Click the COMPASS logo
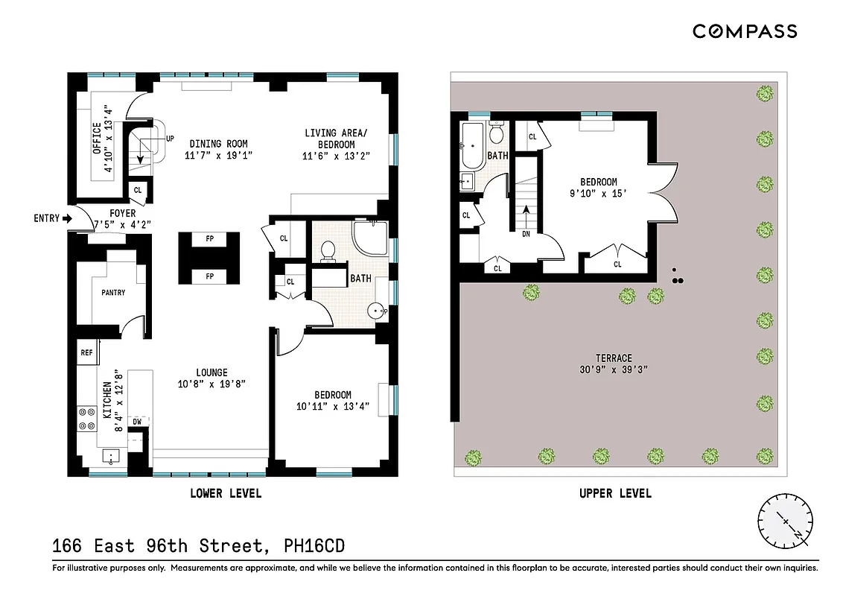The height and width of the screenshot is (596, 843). pyautogui.click(x=745, y=31)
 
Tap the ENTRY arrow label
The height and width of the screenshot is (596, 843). pyautogui.click(x=52, y=218)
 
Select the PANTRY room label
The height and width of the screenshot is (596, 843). pyautogui.click(x=113, y=293)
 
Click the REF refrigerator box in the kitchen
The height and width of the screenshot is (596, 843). pyautogui.click(x=86, y=352)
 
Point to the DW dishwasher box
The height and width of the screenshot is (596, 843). pyautogui.click(x=137, y=422)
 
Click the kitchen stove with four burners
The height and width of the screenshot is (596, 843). pyautogui.click(x=86, y=419)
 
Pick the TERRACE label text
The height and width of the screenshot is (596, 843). pyautogui.click(x=614, y=358)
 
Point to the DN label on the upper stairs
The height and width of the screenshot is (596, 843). pyautogui.click(x=526, y=233)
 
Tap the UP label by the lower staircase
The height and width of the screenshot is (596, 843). pyautogui.click(x=170, y=139)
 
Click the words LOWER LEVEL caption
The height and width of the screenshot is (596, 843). pyautogui.click(x=226, y=493)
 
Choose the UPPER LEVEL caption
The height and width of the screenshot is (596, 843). pyautogui.click(x=615, y=493)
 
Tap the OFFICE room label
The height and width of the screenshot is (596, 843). pyautogui.click(x=97, y=139)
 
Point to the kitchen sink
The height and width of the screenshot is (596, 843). pyautogui.click(x=109, y=456)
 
